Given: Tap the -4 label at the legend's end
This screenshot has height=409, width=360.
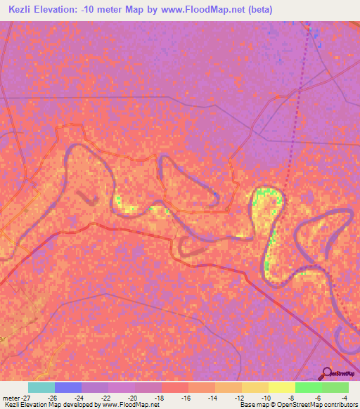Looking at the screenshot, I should [x=344, y=397].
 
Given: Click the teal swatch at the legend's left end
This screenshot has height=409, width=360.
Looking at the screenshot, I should [x=41, y=387].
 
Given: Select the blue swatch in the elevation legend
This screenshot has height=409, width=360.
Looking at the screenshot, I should [x=67, y=387].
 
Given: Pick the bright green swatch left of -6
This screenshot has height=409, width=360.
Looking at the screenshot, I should [x=308, y=387].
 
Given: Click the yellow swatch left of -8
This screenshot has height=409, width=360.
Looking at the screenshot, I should [x=281, y=387].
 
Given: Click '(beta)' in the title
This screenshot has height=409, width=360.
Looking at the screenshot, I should [x=257, y=9].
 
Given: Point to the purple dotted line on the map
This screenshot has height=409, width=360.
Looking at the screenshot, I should [x=297, y=105].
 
